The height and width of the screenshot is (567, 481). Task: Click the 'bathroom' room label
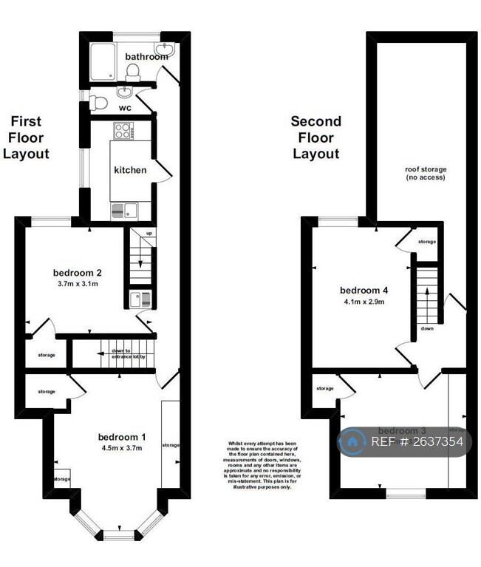coord(146,56)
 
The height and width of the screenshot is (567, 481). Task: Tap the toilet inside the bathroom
coord(133,72)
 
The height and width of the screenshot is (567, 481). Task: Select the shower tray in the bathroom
coord(101,60)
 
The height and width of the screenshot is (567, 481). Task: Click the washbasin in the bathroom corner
coord(166,50)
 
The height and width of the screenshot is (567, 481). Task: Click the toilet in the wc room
coord(97,103)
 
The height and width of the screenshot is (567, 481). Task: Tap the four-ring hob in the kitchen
coord(122,131)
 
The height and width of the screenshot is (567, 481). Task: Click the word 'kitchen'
coord(130,170)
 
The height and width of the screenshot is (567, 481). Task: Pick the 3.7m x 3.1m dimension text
coord(78,283)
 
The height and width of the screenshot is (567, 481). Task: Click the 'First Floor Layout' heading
coord(26,137)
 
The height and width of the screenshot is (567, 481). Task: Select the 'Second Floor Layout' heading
coord(315,137)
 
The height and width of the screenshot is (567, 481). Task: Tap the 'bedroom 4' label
coord(363,289)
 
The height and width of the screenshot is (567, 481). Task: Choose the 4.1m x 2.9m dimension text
coord(363,301)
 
